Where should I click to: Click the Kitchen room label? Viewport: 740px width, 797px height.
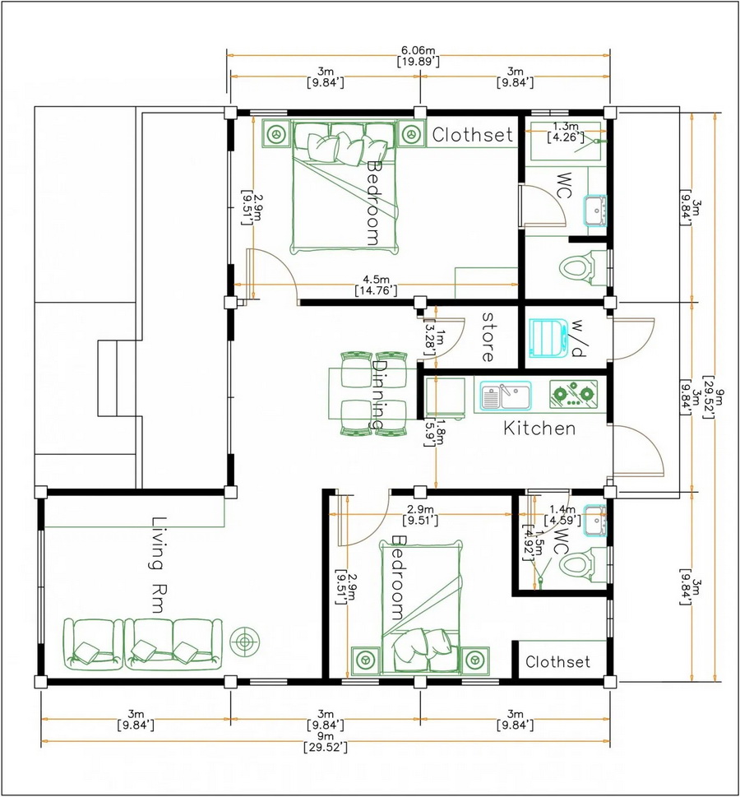click(x=539, y=429)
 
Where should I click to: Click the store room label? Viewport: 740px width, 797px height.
click(x=488, y=337)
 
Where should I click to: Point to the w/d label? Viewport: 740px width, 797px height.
click(x=578, y=339)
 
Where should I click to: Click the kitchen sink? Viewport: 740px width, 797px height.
click(x=506, y=396)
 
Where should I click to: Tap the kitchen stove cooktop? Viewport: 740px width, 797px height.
click(x=573, y=394)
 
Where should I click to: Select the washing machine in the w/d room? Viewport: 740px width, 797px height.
click(x=548, y=337)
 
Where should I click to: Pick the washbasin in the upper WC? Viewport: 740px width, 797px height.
click(x=595, y=210)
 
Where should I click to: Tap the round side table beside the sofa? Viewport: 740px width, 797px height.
click(x=245, y=642)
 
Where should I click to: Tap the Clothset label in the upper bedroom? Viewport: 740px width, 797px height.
click(x=472, y=135)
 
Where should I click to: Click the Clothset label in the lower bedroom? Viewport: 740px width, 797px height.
click(x=557, y=662)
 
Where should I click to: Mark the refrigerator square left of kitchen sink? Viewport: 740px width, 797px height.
click(x=445, y=397)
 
